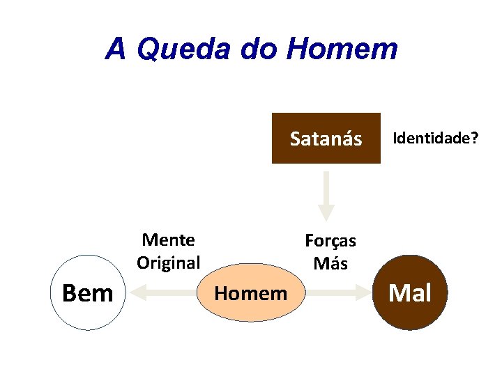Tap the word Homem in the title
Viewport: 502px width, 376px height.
(x=342, y=49)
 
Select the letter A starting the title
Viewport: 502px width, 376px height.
(x=116, y=49)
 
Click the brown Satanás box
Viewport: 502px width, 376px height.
(x=326, y=138)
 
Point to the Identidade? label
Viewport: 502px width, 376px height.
(x=436, y=138)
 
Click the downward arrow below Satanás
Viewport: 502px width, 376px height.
(x=326, y=195)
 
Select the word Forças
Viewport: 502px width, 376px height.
(x=330, y=241)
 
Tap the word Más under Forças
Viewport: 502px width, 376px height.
(x=330, y=263)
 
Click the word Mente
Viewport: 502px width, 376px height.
(x=168, y=240)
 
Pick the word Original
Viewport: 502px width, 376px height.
(x=168, y=263)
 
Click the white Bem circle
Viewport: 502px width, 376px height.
(x=87, y=293)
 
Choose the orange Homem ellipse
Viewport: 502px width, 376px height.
(x=250, y=293)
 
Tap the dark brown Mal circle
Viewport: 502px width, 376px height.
(x=410, y=293)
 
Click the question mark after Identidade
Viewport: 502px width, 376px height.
(x=474, y=138)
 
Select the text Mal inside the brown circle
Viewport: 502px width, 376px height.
(x=410, y=293)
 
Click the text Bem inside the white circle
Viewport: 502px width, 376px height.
(x=87, y=293)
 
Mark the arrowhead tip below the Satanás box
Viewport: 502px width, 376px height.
(x=326, y=219)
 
